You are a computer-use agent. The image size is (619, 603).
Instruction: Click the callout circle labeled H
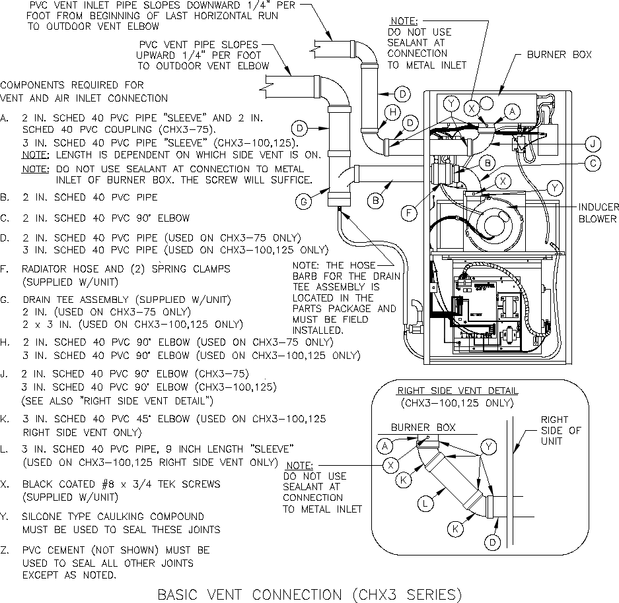tap(392, 113)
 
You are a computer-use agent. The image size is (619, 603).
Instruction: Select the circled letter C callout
tap(593, 163)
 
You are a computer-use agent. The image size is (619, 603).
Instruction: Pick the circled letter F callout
tap(410, 212)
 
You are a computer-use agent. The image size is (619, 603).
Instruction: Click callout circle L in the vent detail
tap(427, 503)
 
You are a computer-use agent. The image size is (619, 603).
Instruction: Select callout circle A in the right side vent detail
tap(384, 446)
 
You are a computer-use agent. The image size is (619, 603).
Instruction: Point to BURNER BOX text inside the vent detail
tap(423, 428)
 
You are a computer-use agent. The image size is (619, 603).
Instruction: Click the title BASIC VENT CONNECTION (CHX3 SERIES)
tap(309, 594)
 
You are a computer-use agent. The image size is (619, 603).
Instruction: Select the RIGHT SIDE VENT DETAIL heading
tap(457, 391)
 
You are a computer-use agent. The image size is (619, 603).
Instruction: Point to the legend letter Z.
tap(5, 550)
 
